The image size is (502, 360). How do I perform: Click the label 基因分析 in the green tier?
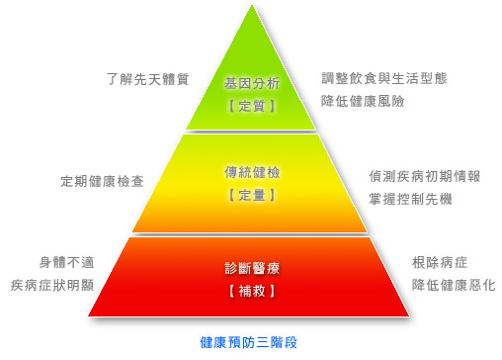[252, 83]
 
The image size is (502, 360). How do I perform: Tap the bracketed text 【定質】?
[252, 106]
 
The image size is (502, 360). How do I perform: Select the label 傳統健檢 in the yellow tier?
[252, 172]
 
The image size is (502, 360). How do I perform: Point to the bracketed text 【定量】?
[252, 195]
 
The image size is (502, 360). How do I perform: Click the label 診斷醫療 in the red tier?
[252, 268]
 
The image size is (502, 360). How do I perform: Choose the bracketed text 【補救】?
[252, 291]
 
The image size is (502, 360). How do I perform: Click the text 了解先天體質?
[147, 79]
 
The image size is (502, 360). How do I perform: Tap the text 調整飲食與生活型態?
[384, 78]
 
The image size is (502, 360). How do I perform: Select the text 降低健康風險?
[363, 101]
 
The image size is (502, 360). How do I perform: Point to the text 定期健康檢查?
[102, 181]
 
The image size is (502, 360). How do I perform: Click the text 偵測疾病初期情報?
[425, 176]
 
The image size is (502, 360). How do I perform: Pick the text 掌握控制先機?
[410, 199]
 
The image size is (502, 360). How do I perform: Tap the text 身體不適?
[67, 262]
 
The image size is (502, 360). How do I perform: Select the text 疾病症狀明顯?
[52, 285]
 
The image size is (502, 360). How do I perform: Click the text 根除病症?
[440, 263]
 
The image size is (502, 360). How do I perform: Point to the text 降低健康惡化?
[454, 285]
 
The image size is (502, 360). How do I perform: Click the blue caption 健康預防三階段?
[249, 342]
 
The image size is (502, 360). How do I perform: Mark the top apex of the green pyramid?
[252, 5]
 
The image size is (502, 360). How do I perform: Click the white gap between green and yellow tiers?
[251, 133]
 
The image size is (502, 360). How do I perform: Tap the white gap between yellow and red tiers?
[250, 234]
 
